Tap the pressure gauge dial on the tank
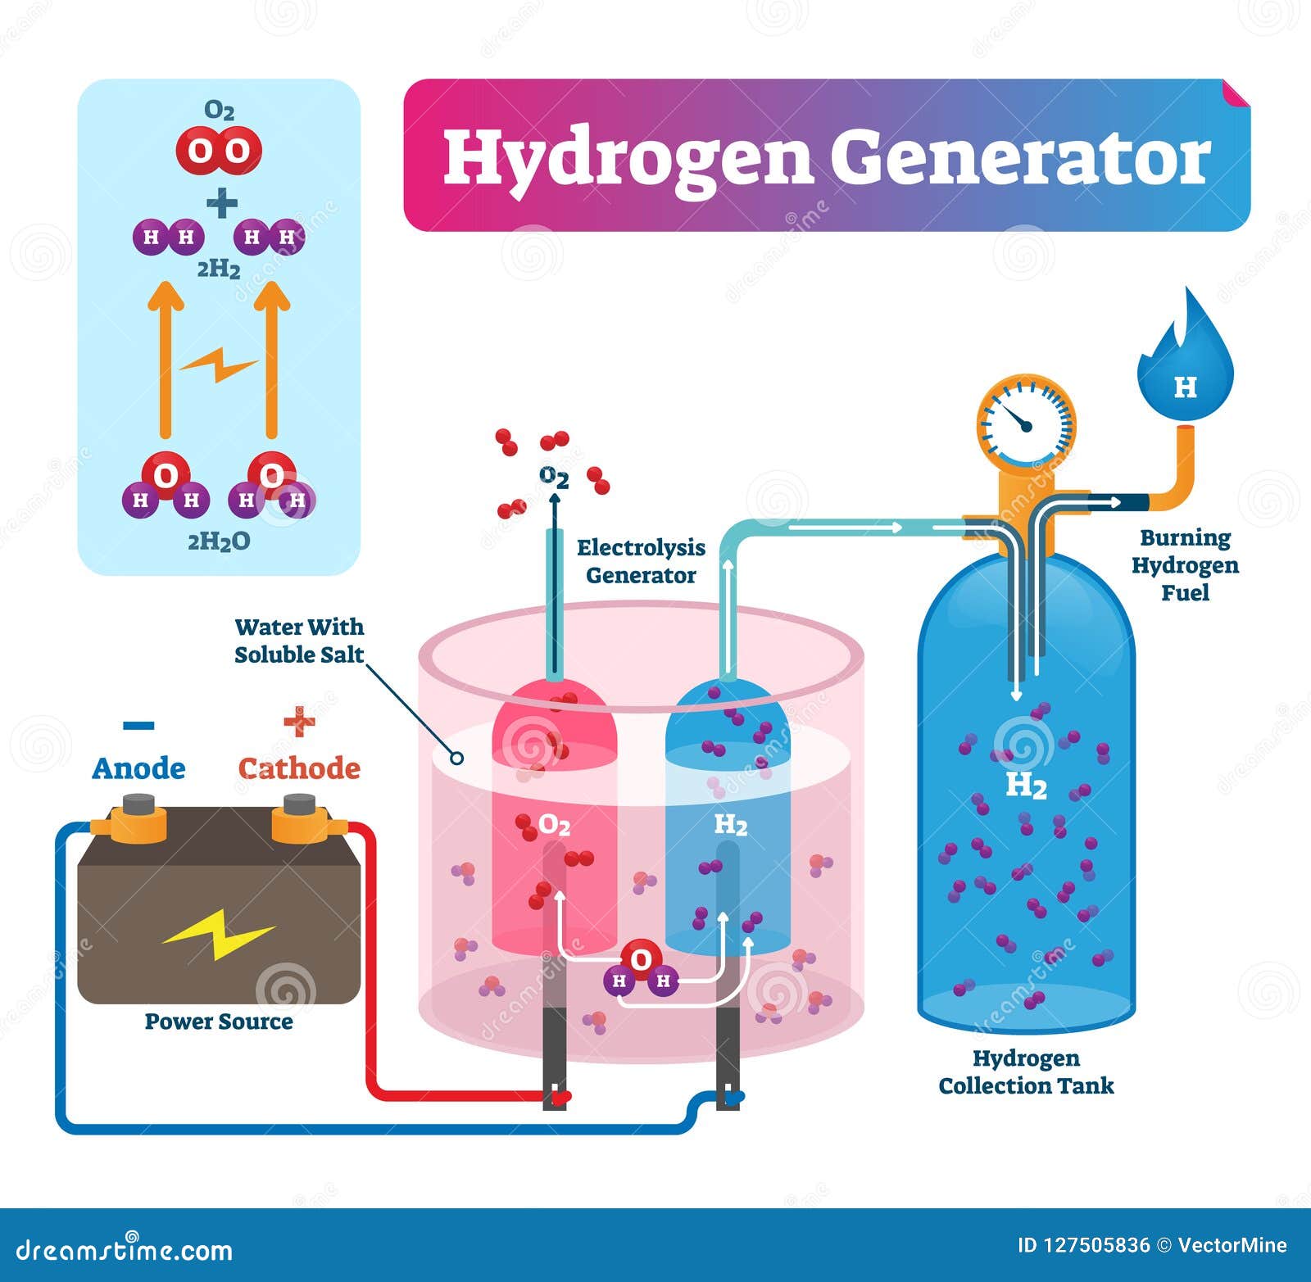click(1026, 423)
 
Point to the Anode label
click(138, 768)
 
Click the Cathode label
click(299, 768)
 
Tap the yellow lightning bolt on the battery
click(219, 933)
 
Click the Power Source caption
click(219, 1022)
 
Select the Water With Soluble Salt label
click(299, 641)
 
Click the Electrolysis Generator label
click(641, 561)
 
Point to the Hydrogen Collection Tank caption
click(1026, 1072)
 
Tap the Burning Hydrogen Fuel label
click(1185, 565)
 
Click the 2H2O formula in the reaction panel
click(219, 541)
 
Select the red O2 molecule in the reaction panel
click(219, 151)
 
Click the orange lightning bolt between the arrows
click(219, 365)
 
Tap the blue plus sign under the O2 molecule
click(222, 203)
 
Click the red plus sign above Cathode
click(299, 722)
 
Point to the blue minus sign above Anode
click(138, 725)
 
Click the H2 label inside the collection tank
click(1026, 786)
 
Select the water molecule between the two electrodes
click(642, 967)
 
